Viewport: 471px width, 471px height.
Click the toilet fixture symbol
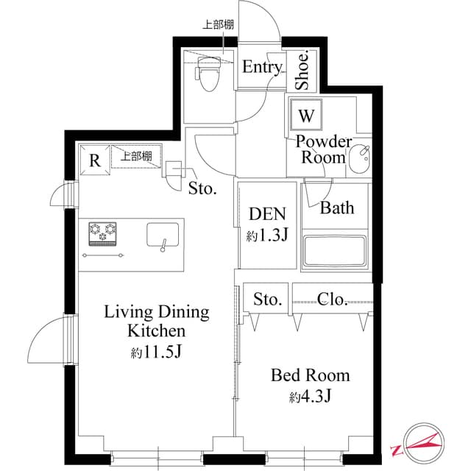click(x=209, y=74)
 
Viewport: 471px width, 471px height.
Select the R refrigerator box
click(x=94, y=160)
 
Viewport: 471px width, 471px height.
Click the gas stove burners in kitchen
click(x=103, y=233)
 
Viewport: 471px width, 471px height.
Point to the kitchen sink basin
click(x=163, y=236)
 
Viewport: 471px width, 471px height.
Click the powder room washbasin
click(x=360, y=158)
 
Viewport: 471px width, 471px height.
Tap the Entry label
click(x=262, y=68)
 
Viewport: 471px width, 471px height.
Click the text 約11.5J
click(x=156, y=353)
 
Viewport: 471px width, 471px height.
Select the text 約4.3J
click(x=310, y=398)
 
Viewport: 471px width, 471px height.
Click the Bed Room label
click(x=310, y=376)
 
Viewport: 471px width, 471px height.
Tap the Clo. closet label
click(x=333, y=299)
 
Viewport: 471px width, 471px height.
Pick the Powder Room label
click(x=324, y=149)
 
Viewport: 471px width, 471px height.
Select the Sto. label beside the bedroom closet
click(x=268, y=300)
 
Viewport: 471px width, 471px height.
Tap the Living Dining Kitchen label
click(x=156, y=321)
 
